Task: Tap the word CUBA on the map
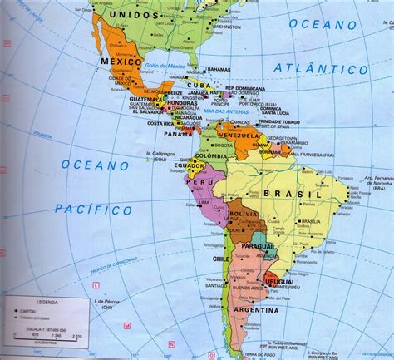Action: pyautogui.click(x=197, y=84)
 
